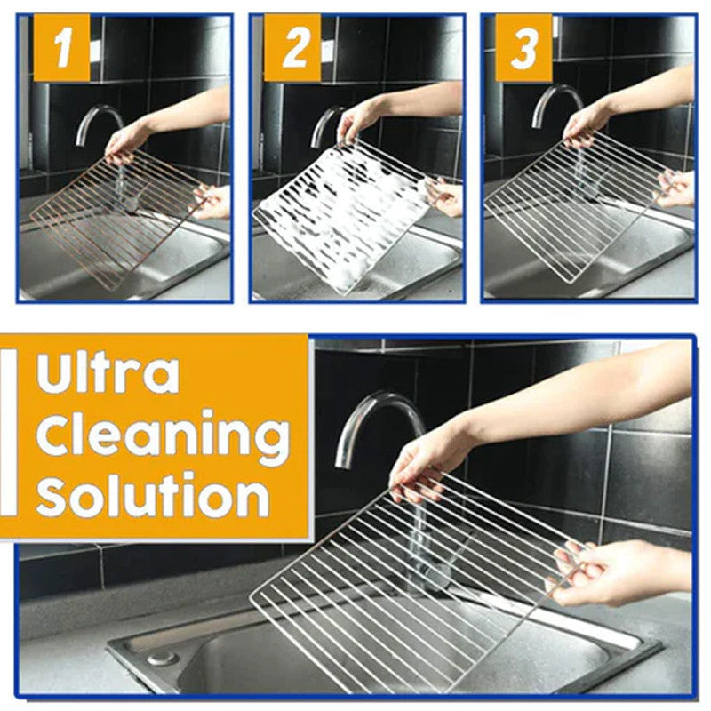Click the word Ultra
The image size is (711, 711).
[107, 373]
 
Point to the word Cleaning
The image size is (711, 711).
[163, 435]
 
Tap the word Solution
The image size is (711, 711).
[152, 496]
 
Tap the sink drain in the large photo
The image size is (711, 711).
[162, 659]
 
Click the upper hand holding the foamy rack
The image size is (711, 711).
[360, 120]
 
